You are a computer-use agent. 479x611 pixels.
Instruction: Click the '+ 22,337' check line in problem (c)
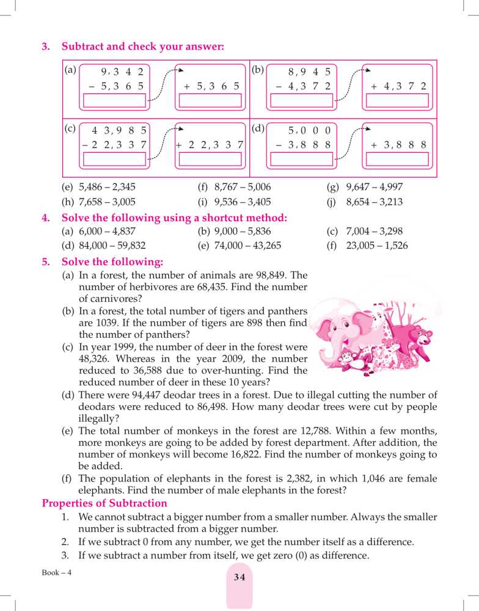(209, 145)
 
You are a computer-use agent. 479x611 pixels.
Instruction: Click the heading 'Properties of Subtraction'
(104, 503)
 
